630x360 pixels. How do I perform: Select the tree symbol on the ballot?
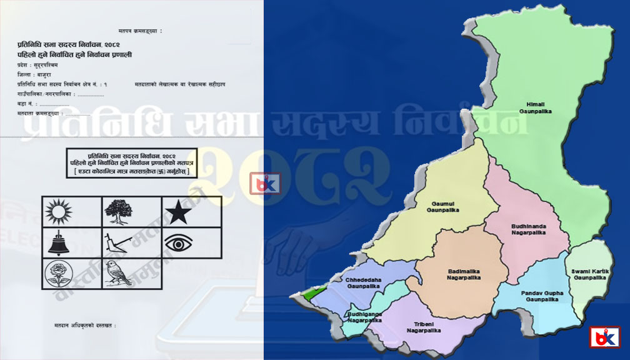(117, 211)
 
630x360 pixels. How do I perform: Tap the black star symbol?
(179, 212)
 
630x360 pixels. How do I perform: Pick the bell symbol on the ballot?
(57, 242)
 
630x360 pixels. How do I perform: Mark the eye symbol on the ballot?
(178, 242)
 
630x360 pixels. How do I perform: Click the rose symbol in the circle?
(57, 273)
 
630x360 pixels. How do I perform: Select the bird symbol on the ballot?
(117, 273)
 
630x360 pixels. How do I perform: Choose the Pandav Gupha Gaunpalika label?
(541, 296)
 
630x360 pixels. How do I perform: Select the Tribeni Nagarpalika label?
(427, 327)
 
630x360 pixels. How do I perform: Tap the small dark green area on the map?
(307, 292)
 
